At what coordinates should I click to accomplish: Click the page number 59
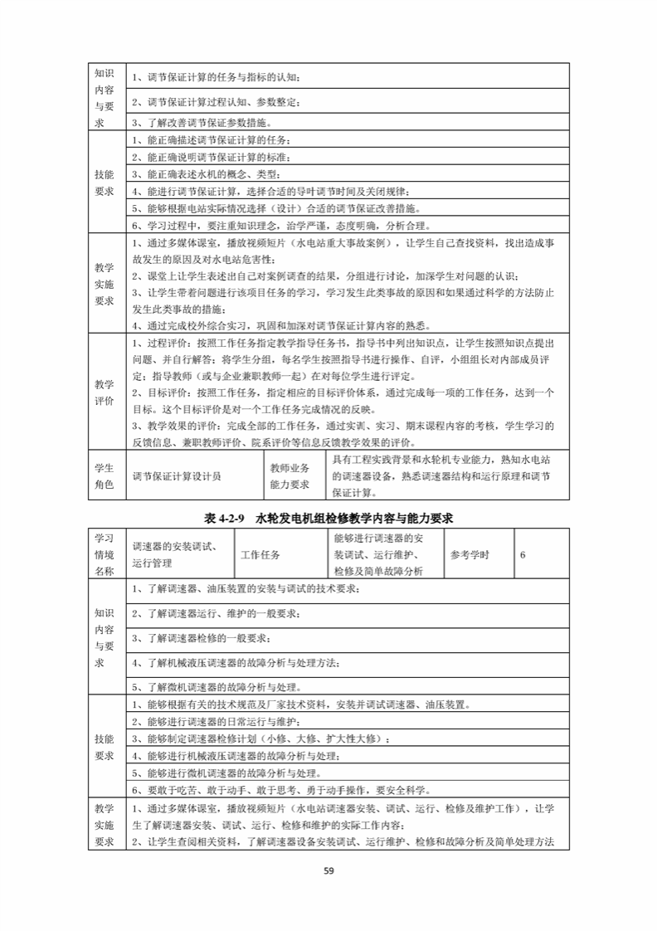[x=328, y=870]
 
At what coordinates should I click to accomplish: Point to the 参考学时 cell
[x=470, y=554]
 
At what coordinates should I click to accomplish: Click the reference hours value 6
[x=523, y=554]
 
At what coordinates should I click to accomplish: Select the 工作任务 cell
[x=261, y=554]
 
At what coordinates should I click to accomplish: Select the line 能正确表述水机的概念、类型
[x=207, y=174]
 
